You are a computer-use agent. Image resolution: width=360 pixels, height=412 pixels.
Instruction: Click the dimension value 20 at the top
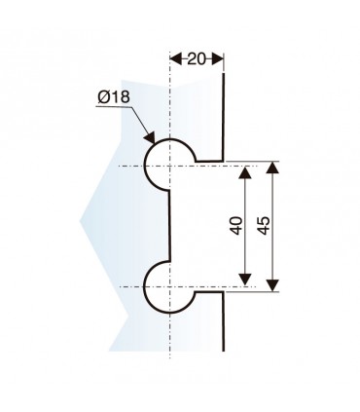(x=198, y=58)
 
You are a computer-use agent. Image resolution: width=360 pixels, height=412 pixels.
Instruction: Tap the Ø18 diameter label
(x=114, y=97)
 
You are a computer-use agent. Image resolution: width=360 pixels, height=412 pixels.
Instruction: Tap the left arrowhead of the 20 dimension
(x=175, y=58)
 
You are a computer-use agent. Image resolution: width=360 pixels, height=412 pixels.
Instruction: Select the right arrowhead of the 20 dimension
(x=220, y=58)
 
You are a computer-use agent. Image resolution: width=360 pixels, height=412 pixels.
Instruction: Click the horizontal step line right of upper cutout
(x=209, y=160)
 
